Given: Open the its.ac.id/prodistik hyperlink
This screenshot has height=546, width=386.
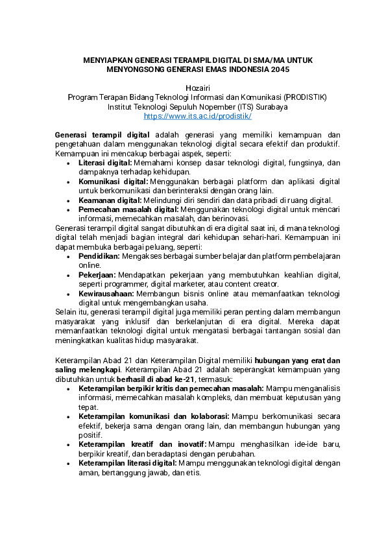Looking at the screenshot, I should (x=197, y=116).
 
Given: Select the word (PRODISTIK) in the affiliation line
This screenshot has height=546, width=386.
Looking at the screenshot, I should (x=305, y=97).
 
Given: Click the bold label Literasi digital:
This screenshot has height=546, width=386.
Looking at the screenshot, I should (x=105, y=163).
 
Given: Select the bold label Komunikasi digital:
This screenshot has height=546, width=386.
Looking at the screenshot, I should (x=112, y=182).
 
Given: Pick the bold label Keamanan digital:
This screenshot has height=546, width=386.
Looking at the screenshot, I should (x=108, y=200).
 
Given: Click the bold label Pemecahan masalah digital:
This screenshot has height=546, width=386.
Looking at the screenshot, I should (x=128, y=210).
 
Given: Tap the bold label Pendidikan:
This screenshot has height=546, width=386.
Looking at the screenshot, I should (x=99, y=257).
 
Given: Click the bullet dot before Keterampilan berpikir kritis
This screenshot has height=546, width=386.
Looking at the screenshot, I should (x=70, y=388).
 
